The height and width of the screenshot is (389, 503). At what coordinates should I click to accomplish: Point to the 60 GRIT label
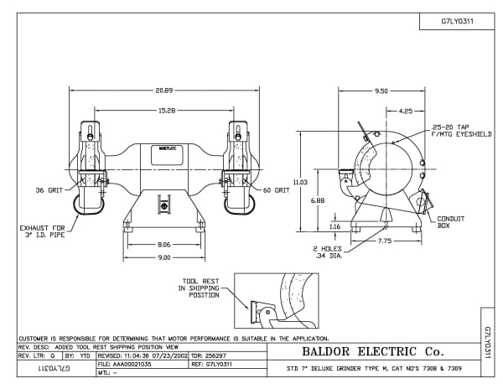tap(275, 190)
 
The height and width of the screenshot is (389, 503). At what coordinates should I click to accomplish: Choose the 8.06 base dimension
tap(165, 244)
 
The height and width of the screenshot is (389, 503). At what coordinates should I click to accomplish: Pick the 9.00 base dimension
tap(165, 257)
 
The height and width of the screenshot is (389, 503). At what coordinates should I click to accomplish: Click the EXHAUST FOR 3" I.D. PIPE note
tap(40, 231)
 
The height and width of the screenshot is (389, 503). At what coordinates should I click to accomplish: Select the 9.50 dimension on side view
tap(381, 90)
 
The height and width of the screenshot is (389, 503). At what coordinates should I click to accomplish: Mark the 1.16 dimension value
tap(334, 226)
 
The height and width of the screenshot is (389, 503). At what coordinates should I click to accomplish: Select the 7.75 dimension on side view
tap(384, 241)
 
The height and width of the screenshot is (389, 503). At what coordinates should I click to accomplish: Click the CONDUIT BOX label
tap(451, 222)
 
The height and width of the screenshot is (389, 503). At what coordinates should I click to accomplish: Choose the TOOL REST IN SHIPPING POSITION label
tap(199, 288)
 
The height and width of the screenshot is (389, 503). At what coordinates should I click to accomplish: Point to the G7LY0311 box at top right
tap(458, 23)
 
